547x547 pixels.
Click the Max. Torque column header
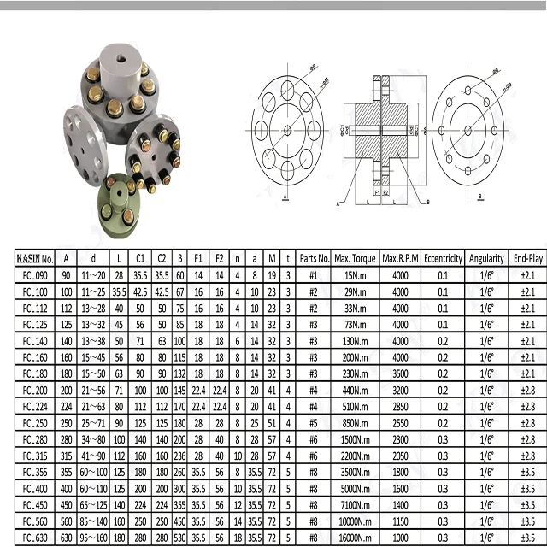pyautogui.click(x=356, y=257)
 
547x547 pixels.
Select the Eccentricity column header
pyautogui.click(x=443, y=257)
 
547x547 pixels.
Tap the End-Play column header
pyautogui.click(x=527, y=257)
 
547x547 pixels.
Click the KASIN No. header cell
pyautogui.click(x=36, y=257)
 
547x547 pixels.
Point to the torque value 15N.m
pyautogui.click(x=356, y=275)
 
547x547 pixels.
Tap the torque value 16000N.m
pyautogui.click(x=356, y=538)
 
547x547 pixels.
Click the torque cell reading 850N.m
pyautogui.click(x=356, y=423)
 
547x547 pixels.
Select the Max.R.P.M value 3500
pyautogui.click(x=400, y=373)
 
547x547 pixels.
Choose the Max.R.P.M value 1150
pyautogui.click(x=400, y=521)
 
